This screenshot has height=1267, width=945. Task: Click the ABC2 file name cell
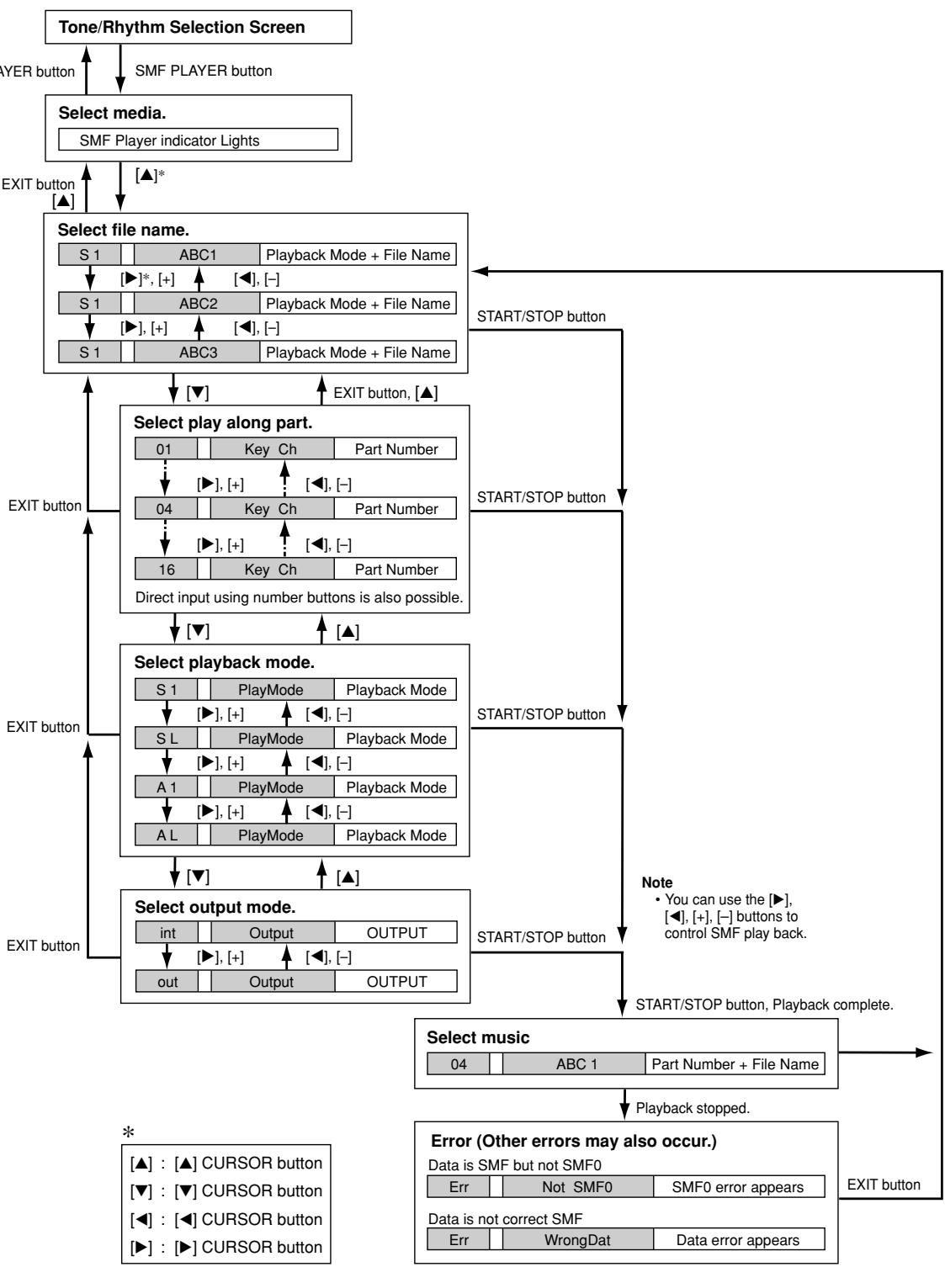[197, 304]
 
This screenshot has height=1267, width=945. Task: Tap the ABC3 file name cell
[197, 353]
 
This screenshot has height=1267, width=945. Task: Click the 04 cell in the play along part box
[165, 509]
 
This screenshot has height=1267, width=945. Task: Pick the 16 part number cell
[165, 570]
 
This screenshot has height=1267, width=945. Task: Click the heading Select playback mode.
[224, 662]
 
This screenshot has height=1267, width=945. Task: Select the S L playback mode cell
[165, 739]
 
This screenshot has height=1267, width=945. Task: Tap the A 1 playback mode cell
[165, 787]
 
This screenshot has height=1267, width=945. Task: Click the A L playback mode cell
[165, 835]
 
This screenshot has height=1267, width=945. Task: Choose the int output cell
[167, 933]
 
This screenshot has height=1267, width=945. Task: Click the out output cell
[167, 982]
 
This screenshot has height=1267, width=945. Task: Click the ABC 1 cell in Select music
[576, 1064]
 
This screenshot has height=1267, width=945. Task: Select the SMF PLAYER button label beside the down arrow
[203, 72]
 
